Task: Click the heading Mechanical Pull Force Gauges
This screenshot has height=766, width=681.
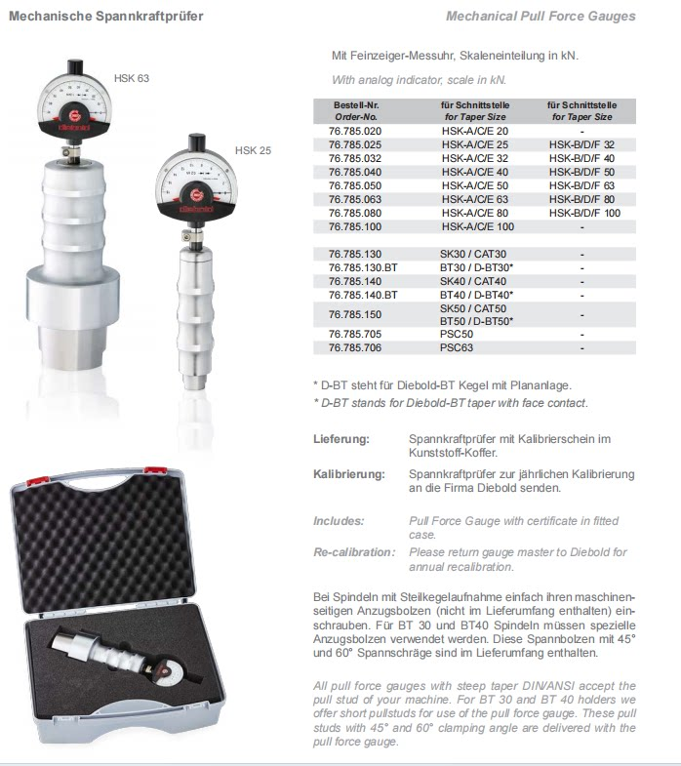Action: point(540,17)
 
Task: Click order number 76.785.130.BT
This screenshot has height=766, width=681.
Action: point(363,266)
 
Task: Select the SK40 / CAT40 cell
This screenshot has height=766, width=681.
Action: point(467,280)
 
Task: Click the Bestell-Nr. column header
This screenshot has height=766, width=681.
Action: point(355,104)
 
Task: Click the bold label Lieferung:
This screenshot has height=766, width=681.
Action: point(340,439)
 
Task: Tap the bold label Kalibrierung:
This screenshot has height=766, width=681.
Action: point(346,474)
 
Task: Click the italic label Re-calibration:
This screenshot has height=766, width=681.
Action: point(353,552)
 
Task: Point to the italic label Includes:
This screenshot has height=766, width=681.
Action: point(339,521)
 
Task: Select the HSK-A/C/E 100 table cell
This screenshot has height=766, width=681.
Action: point(477,226)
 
